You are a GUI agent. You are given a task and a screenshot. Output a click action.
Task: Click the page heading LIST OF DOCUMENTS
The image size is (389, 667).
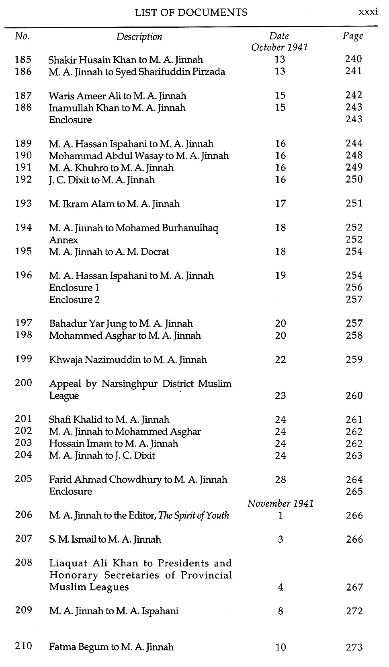[x=191, y=12]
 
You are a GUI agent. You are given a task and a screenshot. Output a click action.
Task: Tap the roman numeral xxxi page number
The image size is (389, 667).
[x=368, y=12]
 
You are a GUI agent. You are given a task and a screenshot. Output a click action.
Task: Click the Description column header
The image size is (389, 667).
[x=139, y=37]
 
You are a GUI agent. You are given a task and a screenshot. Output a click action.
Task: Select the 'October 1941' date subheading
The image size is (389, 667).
[x=279, y=47]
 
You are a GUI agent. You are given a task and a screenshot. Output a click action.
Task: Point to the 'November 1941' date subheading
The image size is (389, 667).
[x=280, y=503]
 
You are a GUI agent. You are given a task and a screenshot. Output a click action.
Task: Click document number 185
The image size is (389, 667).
[x=23, y=60]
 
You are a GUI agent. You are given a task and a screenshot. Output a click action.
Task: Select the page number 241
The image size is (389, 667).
[x=354, y=71]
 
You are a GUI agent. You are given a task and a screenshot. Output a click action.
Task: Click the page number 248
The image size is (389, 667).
[x=354, y=155]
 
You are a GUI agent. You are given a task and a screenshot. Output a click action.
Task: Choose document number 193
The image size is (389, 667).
[x=23, y=204]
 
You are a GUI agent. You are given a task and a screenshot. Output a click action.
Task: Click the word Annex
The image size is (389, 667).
[x=63, y=240]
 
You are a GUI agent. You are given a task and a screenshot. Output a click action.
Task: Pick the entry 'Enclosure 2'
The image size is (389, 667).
[x=74, y=300]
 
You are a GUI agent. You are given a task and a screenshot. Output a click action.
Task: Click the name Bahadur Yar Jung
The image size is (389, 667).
[x=88, y=324]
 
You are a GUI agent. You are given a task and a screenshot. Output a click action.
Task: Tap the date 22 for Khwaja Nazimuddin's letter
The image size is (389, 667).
[x=280, y=360]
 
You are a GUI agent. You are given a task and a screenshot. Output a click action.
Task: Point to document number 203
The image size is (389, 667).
[x=23, y=443]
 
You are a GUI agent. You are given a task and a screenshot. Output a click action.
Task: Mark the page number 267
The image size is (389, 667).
[x=354, y=587]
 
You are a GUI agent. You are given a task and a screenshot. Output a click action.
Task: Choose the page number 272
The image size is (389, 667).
[x=354, y=611]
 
